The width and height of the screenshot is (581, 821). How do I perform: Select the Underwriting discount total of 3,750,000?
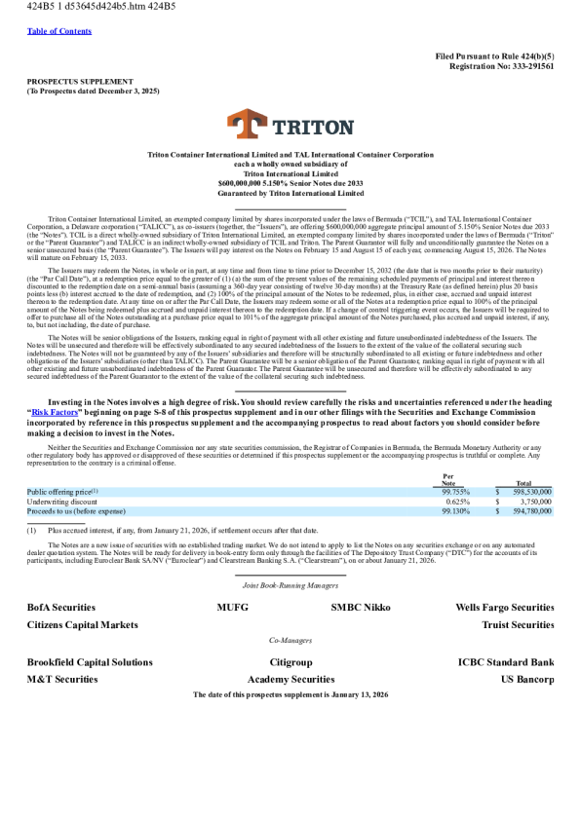coord(533,502)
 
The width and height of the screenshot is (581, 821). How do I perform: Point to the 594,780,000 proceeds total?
coord(529,511)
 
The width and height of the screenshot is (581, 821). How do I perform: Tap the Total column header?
coord(523,483)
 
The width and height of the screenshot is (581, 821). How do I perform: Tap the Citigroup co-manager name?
coord(290,662)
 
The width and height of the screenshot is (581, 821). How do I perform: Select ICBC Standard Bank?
coord(506,662)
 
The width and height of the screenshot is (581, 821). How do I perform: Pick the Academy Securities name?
coord(290,679)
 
